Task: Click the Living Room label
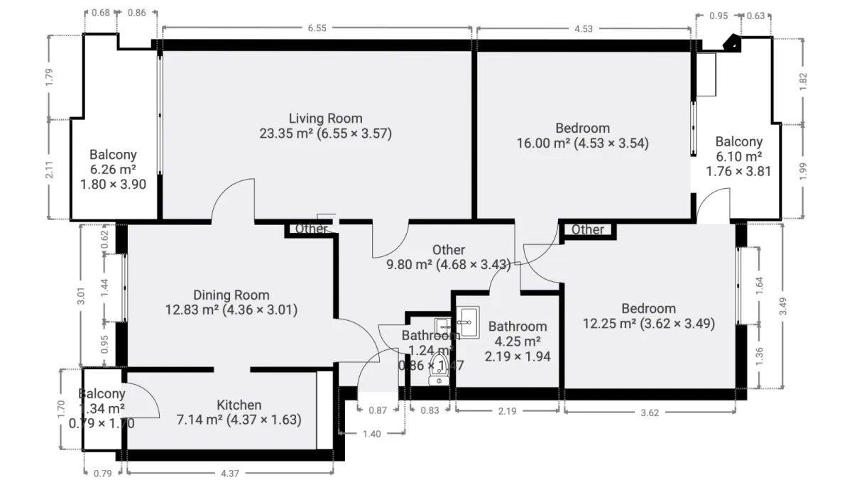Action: click(325, 119)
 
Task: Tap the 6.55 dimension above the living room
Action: click(317, 28)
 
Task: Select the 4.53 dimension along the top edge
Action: click(584, 28)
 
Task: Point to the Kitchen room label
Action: click(239, 405)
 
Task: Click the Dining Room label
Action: click(231, 295)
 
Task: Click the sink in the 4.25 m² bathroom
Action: click(468, 320)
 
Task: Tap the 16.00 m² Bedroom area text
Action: click(582, 143)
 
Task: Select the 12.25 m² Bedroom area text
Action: click(648, 323)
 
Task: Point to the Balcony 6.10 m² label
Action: click(738, 156)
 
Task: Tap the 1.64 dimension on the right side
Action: click(760, 285)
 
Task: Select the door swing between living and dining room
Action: click(234, 200)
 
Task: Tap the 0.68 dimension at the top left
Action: click(101, 13)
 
